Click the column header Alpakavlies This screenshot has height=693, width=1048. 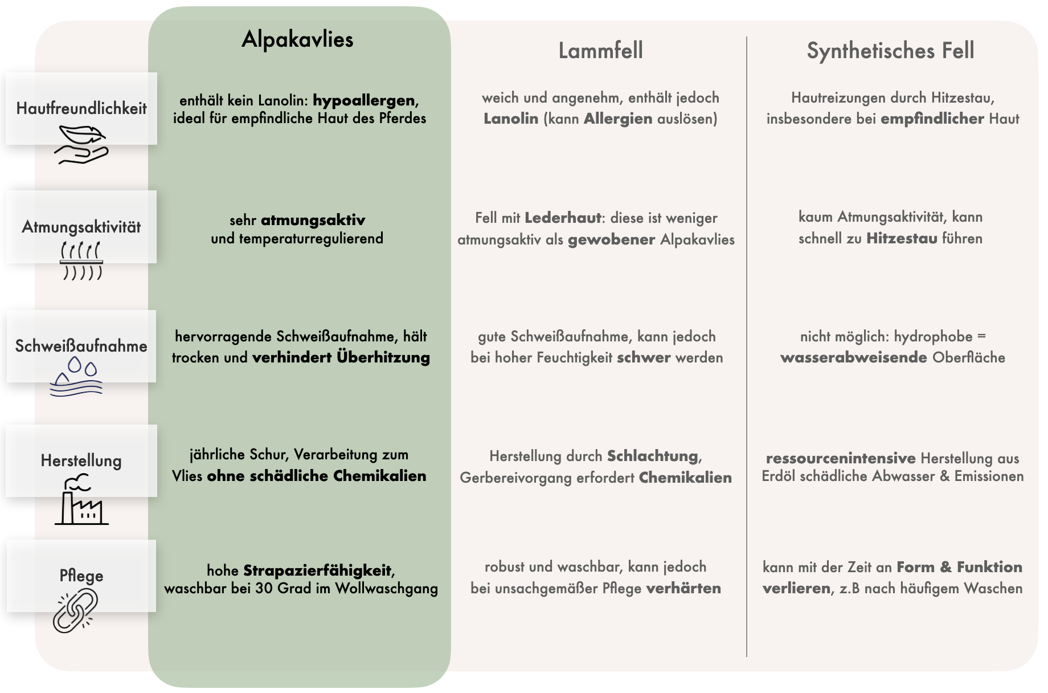tap(297, 39)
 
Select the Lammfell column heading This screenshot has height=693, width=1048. tap(600, 51)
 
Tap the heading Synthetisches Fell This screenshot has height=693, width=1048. tap(890, 51)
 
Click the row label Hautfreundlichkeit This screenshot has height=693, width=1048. tap(81, 108)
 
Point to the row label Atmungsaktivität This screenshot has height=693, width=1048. tap(81, 227)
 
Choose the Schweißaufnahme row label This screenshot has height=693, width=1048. tap(81, 346)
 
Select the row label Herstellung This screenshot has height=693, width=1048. tap(81, 460)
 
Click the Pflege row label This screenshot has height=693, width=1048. tap(81, 575)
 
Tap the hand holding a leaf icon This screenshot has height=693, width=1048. tap(81, 145)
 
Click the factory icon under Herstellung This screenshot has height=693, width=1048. tap(81, 502)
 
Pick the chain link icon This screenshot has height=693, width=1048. tap(75, 611)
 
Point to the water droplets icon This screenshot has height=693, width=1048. tap(76, 377)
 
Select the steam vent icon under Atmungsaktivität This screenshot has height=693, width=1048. tap(81, 260)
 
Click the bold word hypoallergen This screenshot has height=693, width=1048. tap(364, 101)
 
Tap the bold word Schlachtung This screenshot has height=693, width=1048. tap(653, 456)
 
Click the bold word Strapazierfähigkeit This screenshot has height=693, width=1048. tap(317, 570)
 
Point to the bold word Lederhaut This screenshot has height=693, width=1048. tap(563, 218)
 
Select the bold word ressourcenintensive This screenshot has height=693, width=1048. tap(841, 458)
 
